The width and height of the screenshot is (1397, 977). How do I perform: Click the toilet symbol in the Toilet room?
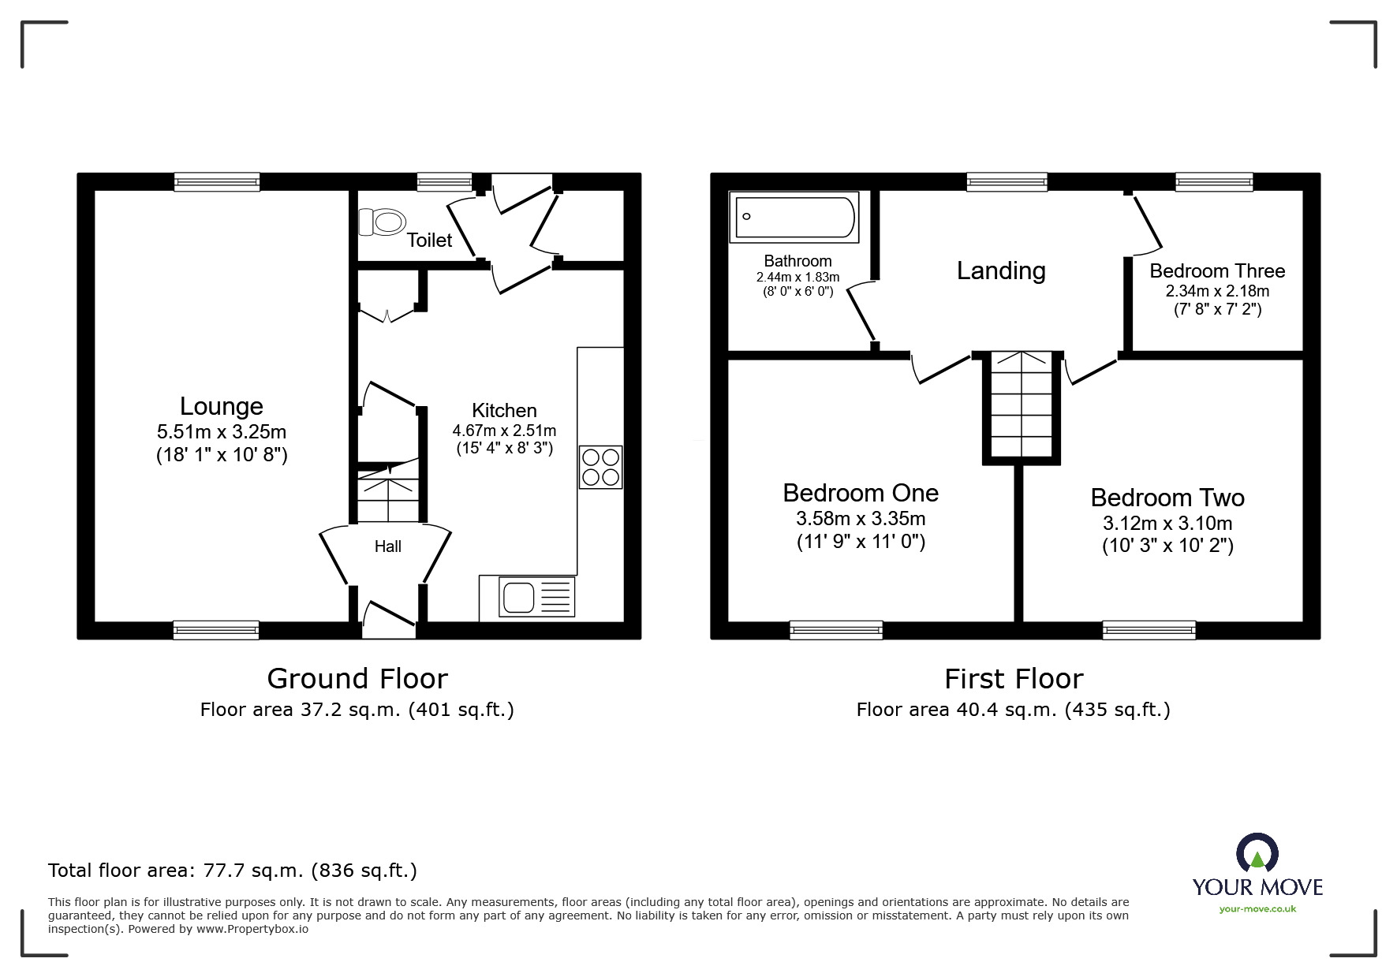[383, 222]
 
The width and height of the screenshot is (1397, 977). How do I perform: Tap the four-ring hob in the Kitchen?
[600, 467]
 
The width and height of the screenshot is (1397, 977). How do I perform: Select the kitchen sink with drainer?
[536, 596]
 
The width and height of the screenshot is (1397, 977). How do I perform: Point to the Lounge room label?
[221, 406]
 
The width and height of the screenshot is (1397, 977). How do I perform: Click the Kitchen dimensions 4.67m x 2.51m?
[504, 431]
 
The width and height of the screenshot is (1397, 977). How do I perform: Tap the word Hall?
[387, 546]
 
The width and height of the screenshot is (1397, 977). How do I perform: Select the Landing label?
[1000, 270]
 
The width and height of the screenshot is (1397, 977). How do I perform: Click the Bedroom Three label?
[1216, 270]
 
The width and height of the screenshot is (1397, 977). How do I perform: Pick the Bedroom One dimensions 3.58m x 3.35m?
[860, 519]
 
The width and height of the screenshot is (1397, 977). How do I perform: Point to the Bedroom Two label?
[1167, 498]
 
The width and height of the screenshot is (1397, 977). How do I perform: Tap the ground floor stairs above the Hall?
[387, 493]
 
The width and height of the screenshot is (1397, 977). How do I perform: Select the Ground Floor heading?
[357, 678]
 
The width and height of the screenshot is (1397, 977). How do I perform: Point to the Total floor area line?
[232, 871]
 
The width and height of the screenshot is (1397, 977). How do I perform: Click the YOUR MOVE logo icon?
[1257, 855]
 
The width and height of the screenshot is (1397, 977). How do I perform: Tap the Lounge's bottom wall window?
[216, 629]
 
